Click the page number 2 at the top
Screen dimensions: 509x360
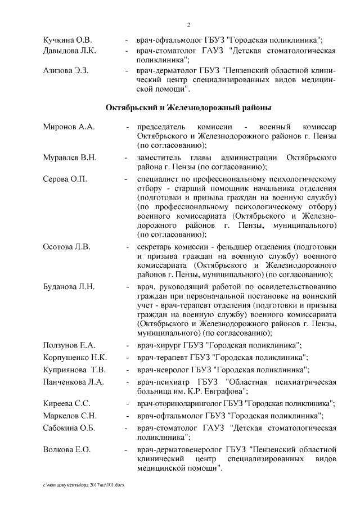pyautogui.click(x=188, y=25)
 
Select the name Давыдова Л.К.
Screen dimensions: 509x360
pyautogui.click(x=70, y=51)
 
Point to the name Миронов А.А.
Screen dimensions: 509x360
pyautogui.click(x=69, y=127)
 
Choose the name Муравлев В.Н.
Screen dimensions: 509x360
pyautogui.click(x=70, y=157)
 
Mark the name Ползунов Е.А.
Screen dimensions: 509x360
pyautogui.click(x=69, y=345)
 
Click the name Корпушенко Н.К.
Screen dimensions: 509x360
pyautogui.click(x=75, y=357)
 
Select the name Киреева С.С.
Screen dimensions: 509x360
pyautogui.click(x=67, y=403)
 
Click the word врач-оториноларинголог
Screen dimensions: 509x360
pyautogui.click(x=175, y=403)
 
